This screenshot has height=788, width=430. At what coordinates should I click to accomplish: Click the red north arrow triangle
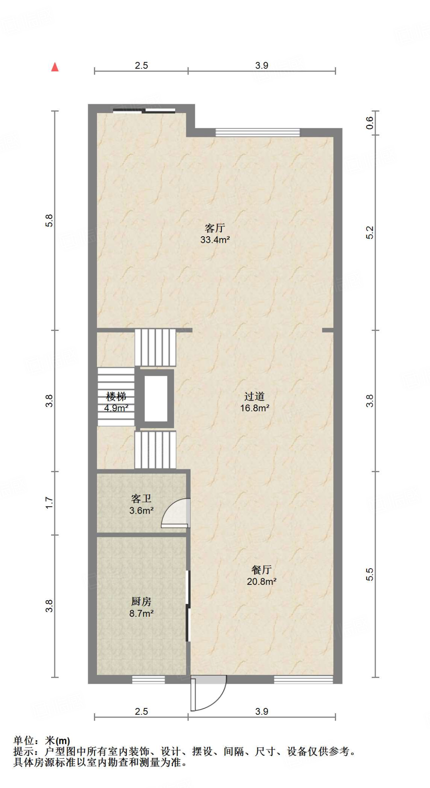click(x=55, y=67)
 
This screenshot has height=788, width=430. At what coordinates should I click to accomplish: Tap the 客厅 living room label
click(x=215, y=228)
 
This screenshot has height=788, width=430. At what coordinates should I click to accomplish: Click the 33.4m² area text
click(x=215, y=240)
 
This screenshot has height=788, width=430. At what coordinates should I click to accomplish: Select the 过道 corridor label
click(x=254, y=396)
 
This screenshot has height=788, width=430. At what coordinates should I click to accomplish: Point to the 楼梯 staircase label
click(x=116, y=396)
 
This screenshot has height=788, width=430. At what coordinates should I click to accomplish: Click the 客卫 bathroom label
click(x=141, y=499)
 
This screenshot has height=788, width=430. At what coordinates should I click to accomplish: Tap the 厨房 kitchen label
click(x=141, y=601)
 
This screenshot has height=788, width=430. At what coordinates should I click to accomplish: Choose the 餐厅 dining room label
click(x=261, y=569)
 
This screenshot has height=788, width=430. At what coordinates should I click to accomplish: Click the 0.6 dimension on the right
click(x=370, y=123)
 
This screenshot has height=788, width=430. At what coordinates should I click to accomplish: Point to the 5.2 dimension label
click(x=370, y=232)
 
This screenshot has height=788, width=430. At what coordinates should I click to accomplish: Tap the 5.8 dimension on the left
click(x=49, y=220)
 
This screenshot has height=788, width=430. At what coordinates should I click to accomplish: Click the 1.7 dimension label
click(x=49, y=503)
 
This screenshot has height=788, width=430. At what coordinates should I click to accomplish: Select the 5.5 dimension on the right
click(x=370, y=574)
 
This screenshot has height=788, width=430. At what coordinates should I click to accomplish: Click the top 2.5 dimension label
click(x=141, y=65)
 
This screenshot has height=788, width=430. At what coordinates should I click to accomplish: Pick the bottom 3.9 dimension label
click(x=261, y=711)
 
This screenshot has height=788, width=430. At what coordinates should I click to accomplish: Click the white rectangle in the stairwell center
click(x=156, y=399)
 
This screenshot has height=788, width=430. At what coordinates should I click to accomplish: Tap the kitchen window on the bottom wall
click(x=148, y=680)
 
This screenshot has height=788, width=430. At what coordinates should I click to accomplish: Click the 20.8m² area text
click(x=261, y=581)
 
